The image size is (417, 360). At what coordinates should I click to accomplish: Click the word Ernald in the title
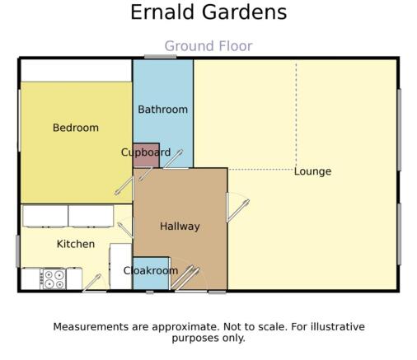coord(162,12)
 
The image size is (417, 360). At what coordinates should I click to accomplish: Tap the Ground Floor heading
coord(208,46)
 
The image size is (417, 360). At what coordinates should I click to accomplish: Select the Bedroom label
coord(76,128)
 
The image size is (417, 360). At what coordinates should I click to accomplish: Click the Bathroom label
coord(163,110)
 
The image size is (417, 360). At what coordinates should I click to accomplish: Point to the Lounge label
coord(312,171)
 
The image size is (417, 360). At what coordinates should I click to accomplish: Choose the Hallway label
coord(180,227)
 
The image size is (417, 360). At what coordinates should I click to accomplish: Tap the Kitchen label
coord(76,244)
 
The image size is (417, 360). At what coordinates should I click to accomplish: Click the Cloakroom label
coord(151,271)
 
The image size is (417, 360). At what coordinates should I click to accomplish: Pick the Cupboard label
coord(146,152)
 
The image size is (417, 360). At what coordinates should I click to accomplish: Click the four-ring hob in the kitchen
coord(54,279)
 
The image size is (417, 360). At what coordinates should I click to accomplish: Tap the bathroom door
coord(172,159)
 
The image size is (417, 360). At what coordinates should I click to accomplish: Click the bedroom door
coord(124,186)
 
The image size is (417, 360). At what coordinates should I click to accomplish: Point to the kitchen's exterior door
coord(91,283)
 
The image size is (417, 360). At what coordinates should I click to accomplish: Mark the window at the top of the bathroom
coord(161,57)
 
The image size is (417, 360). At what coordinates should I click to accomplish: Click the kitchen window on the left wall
coord(18,251)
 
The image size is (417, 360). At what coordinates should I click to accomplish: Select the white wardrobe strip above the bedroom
coord(76,71)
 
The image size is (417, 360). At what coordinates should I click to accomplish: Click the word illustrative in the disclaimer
coord(338,327)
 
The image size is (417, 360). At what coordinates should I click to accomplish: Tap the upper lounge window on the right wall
coord(399,130)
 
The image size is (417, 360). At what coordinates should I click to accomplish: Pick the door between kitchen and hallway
coord(125,230)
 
